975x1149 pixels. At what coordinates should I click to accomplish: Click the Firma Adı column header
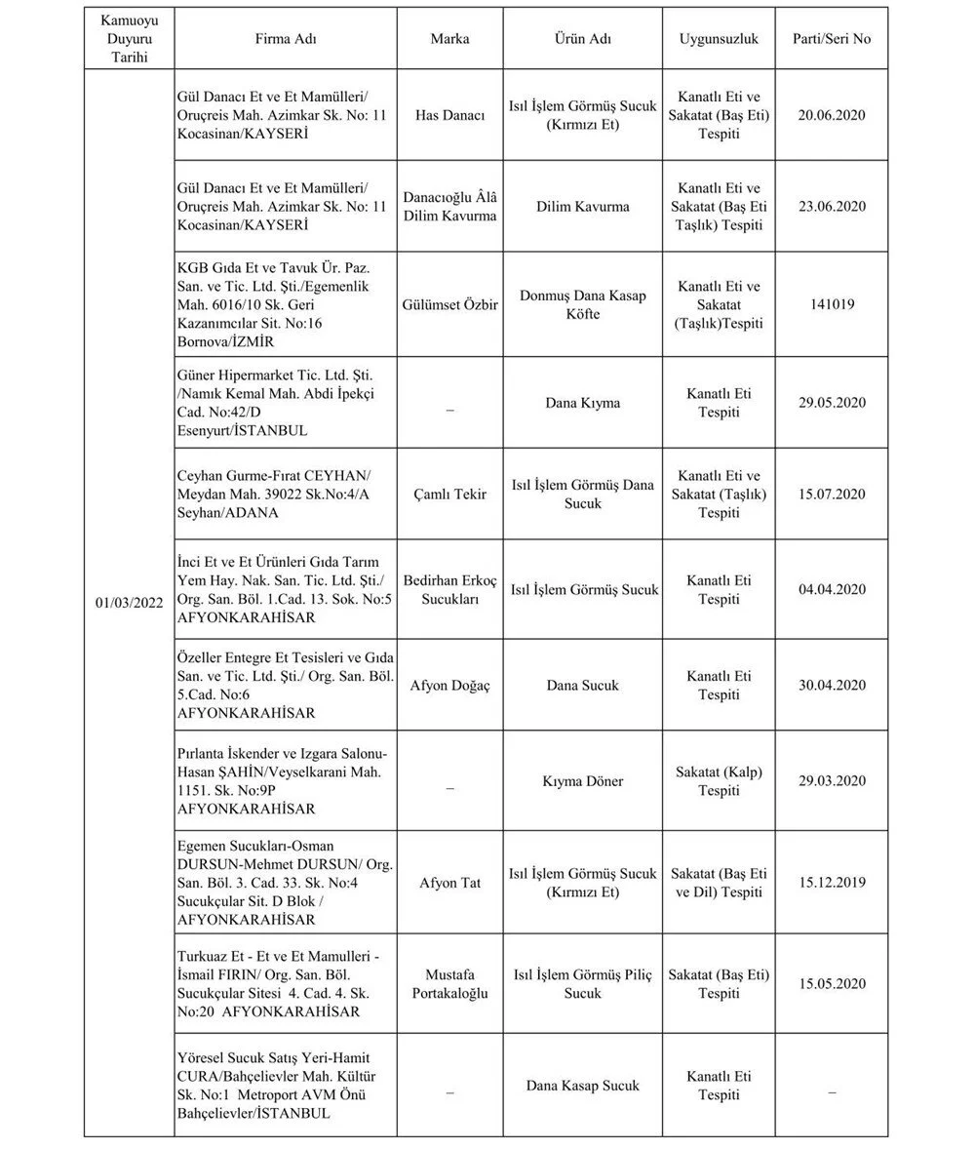point(286,39)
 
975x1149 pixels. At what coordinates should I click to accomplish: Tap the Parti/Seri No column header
point(833,39)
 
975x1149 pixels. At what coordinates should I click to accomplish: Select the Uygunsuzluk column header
point(719,39)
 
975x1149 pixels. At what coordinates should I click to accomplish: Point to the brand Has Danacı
point(449,115)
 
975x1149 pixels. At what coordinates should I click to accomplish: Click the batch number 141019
point(832,304)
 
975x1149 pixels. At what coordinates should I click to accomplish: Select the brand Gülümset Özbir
point(449,304)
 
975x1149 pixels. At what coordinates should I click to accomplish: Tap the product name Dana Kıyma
point(582,402)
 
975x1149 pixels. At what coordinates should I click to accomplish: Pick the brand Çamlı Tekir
point(449,494)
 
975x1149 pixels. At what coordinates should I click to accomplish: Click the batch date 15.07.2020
point(832,494)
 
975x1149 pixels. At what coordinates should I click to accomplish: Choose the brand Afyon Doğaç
point(449,685)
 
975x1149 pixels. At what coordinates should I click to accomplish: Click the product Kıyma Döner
point(582,781)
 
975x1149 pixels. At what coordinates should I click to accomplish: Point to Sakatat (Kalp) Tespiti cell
point(719,781)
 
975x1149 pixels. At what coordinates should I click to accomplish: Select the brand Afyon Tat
point(449,883)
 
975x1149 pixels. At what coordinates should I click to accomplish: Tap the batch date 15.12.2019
point(832,883)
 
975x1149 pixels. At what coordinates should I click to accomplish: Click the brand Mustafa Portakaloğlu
point(449,983)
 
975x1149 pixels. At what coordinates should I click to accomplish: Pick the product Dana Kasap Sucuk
point(582,1085)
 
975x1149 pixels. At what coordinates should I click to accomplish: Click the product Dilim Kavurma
point(582,207)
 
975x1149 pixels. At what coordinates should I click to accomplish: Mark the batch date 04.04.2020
point(832,589)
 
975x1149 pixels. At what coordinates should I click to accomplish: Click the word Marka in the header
point(449,39)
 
